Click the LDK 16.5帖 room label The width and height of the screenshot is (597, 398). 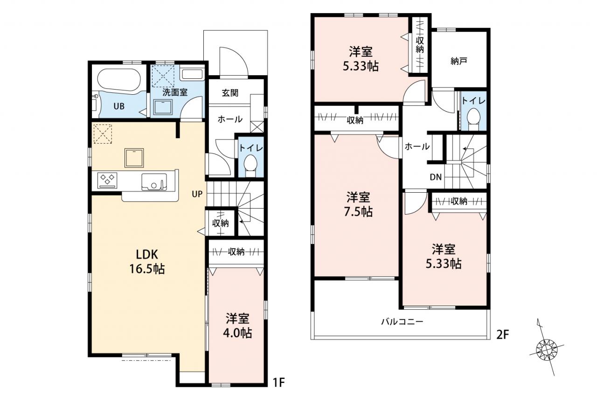147,261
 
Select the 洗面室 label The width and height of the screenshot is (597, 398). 175,92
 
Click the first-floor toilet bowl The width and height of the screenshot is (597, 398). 250,164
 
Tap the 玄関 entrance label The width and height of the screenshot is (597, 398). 230,93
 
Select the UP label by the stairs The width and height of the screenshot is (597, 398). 197,194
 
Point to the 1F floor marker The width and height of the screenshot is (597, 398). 279,383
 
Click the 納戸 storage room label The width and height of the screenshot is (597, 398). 458,61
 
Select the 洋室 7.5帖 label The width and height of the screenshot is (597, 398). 358,204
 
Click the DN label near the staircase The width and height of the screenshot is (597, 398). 436,177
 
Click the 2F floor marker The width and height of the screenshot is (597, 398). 502,335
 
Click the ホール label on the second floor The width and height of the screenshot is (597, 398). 417,147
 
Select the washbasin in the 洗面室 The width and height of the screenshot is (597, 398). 163,107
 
